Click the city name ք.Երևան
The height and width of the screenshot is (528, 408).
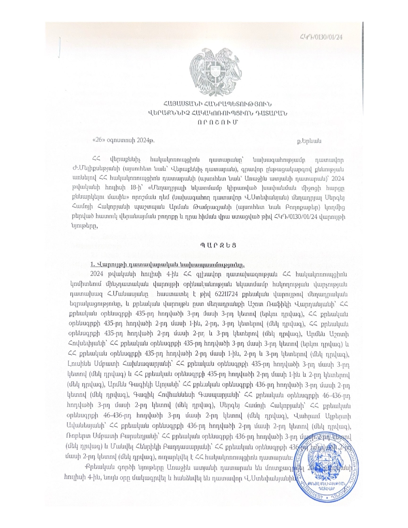click(x=309, y=141)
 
